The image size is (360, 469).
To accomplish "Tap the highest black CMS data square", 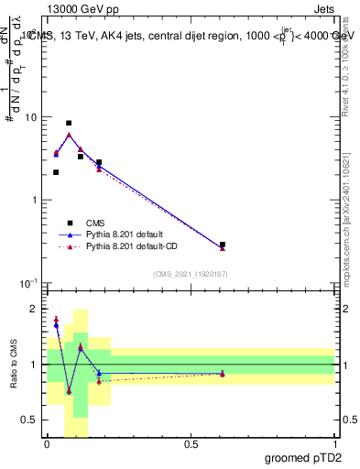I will tap(69, 123).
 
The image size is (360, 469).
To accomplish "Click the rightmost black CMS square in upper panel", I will tap(223, 245).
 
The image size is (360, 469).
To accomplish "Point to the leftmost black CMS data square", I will tap(56, 172).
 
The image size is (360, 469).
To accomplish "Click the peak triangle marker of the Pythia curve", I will tap(69, 135).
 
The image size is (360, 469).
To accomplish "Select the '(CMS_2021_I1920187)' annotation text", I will tap(190, 273).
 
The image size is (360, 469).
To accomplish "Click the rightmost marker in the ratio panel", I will tap(223, 374).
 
